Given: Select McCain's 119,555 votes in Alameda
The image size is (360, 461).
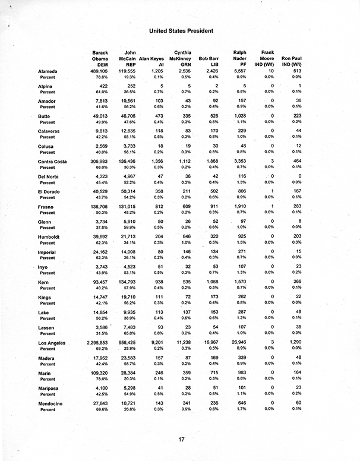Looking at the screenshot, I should [x=128, y=71].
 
